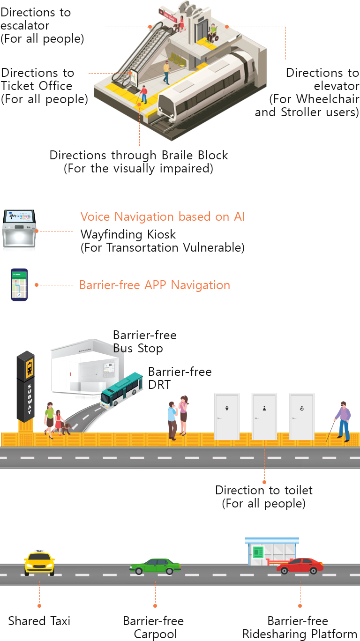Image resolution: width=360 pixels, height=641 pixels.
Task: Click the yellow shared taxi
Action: click(x=39, y=563)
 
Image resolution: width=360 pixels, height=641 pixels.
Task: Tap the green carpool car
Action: click(x=155, y=566)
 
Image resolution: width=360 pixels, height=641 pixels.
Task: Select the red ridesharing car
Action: click(x=300, y=566)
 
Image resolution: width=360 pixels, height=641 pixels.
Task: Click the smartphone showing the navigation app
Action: click(x=19, y=284)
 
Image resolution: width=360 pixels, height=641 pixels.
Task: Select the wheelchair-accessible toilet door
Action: click(x=301, y=417)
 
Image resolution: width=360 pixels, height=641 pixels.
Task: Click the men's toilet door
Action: click(x=227, y=417)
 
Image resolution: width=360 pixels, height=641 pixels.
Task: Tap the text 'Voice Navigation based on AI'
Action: click(x=163, y=216)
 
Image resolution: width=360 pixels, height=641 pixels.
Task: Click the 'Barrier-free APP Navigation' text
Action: click(x=155, y=285)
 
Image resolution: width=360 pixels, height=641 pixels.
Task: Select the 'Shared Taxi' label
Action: click(x=39, y=621)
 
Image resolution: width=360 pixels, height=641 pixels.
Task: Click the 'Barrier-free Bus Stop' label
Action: click(x=144, y=342)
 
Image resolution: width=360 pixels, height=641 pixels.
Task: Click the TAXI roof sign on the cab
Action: click(x=39, y=551)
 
